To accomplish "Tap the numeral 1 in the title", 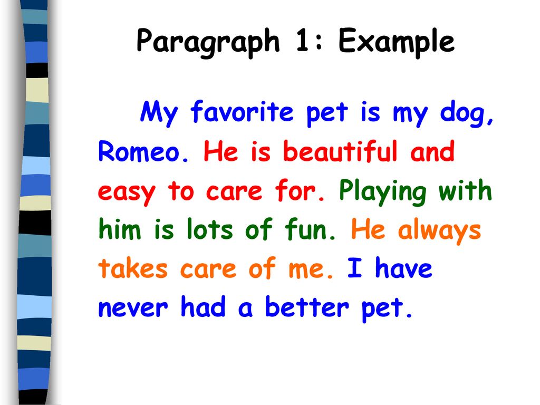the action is point(302,40).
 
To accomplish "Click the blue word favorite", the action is point(242,111).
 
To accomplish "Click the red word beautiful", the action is point(340,151).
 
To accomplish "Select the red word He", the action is point(221,151).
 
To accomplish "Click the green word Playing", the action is point(383,192).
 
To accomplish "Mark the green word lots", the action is point(210,229).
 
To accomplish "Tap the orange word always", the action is point(439,231).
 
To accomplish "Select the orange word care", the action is point(208,269).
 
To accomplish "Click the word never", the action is point(133,308).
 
